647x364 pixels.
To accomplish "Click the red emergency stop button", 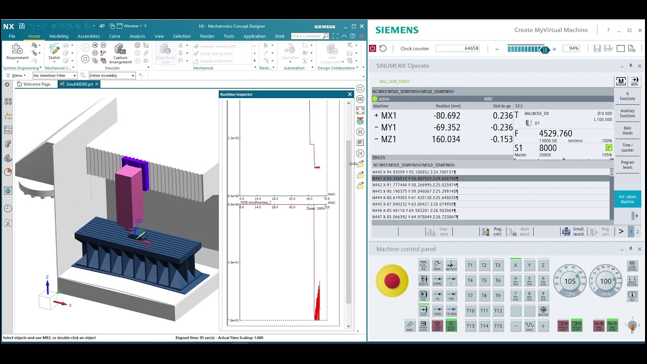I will [392, 281].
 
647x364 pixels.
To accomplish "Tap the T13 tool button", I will [470, 326].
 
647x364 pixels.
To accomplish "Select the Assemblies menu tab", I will [88, 36].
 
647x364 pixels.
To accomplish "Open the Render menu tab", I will [207, 36].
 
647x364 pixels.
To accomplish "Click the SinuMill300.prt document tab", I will [79, 84].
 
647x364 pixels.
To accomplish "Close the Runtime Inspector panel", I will [350, 95].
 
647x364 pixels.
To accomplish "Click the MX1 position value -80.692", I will [446, 116].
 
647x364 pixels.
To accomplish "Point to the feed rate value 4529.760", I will [556, 133].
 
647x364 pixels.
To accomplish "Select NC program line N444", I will [414, 198].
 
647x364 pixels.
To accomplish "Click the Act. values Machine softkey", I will [627, 199].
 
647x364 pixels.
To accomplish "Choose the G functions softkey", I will [627, 96].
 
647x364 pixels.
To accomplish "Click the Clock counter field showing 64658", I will [458, 49].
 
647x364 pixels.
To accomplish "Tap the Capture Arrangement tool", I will [120, 53].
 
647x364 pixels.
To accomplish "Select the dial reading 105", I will [570, 281].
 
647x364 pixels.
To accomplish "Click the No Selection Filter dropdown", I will [55, 76].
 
